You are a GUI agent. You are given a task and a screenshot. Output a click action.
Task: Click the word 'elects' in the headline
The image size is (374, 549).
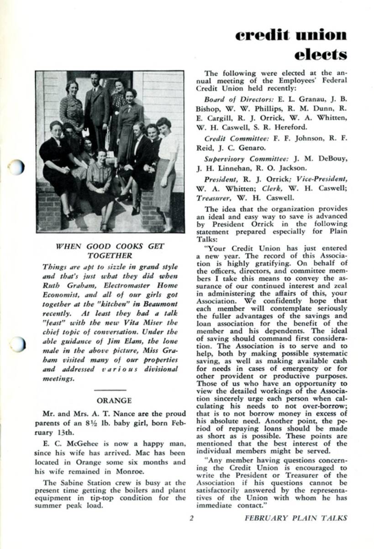(320, 55)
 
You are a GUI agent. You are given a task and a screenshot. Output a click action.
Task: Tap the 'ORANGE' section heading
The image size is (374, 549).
(114, 400)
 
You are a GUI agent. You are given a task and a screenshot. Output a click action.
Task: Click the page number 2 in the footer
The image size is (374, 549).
(192, 518)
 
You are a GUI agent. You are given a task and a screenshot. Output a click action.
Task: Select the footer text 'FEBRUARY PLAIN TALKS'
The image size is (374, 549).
(295, 518)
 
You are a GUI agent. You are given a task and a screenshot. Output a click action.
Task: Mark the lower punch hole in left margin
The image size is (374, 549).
(16, 343)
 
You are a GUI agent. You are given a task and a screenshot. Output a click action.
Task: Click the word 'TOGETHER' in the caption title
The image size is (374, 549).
(110, 256)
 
